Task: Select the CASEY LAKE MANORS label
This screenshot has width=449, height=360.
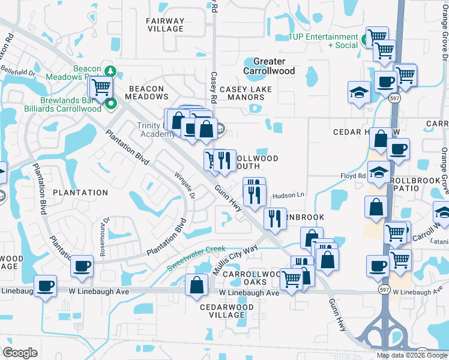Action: [246, 93]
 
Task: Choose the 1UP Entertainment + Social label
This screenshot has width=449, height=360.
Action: [322, 41]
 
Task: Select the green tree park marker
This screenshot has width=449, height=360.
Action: [109, 71]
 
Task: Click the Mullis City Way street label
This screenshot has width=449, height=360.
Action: [235, 260]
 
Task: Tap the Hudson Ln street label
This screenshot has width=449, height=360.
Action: [289, 196]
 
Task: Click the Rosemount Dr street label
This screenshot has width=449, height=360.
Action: [105, 236]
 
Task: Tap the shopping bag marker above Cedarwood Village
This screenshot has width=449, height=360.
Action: [196, 285]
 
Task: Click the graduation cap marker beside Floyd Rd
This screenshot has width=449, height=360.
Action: [379, 173]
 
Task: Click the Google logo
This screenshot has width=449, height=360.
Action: [20, 353]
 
